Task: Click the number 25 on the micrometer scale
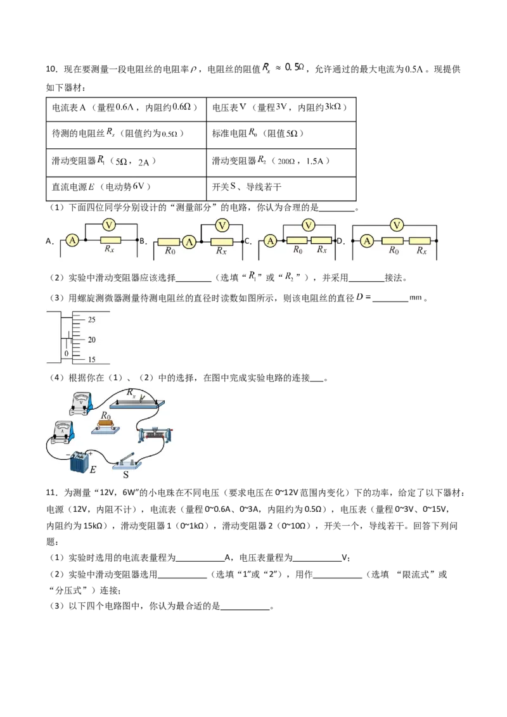91,319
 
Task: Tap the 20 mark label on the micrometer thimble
91,339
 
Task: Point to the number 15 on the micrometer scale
91,360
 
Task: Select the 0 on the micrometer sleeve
65,352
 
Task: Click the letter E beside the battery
93,470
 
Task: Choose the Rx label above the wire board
131,393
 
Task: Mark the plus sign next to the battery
91,454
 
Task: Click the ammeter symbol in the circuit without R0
72,240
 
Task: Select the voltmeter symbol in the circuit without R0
108,225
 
